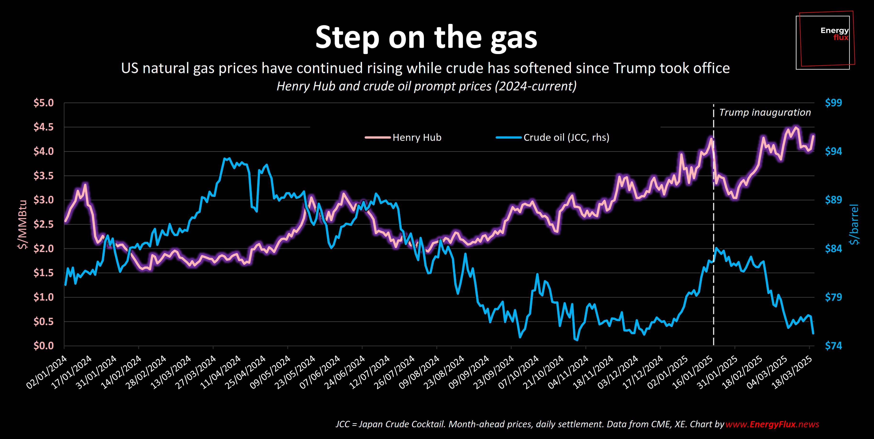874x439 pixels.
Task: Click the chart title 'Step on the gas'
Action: [426, 37]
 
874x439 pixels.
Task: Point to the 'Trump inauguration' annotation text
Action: [765, 112]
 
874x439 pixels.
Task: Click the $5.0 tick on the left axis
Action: [44, 102]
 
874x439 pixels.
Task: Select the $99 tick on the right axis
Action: [833, 102]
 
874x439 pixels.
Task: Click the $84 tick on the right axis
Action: [833, 249]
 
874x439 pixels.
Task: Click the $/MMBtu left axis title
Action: [22, 224]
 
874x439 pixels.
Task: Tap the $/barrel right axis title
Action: [854, 224]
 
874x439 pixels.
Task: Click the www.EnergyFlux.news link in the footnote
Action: [772, 424]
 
